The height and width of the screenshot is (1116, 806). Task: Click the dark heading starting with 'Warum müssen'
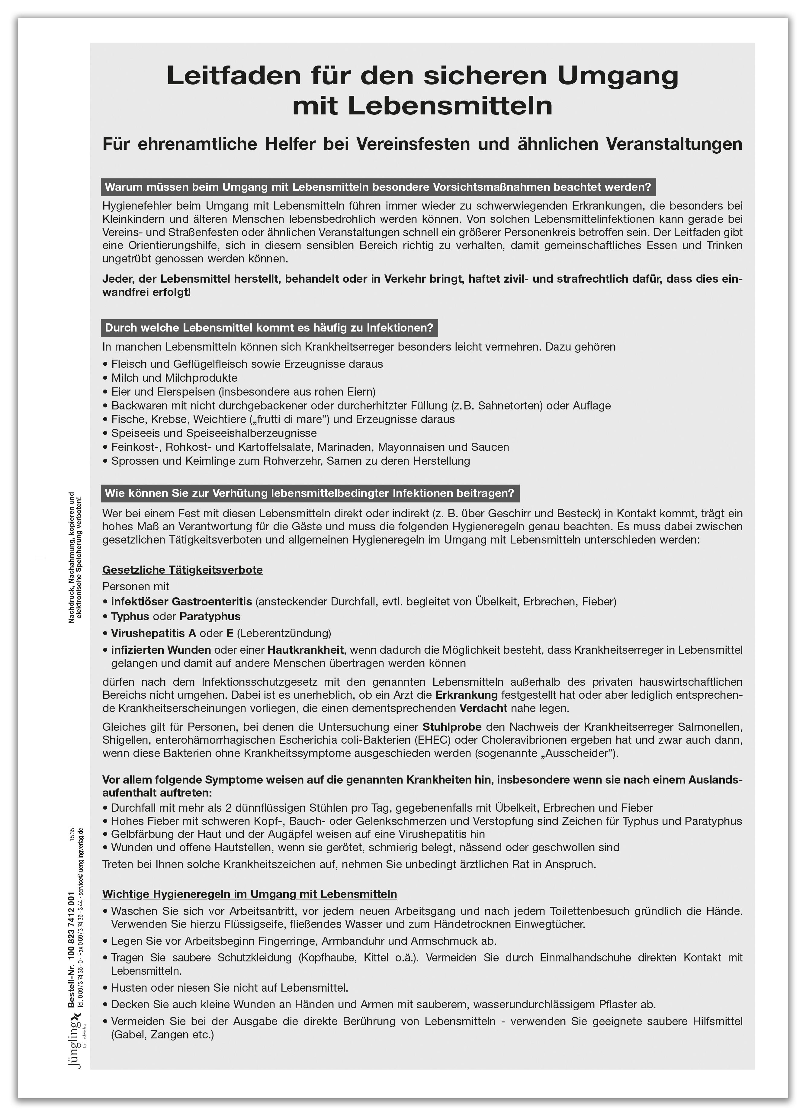tap(378, 187)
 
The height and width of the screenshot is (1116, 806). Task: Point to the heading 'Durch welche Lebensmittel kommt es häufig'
tap(269, 328)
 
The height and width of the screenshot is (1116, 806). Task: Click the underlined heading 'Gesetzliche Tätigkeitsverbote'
tap(182, 570)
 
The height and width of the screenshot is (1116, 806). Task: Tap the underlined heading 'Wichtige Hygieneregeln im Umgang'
tap(249, 894)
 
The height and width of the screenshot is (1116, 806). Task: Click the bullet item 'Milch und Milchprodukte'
tap(174, 378)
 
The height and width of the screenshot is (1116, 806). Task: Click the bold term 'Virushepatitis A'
tap(153, 633)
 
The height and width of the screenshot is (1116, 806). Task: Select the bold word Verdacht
tap(483, 709)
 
